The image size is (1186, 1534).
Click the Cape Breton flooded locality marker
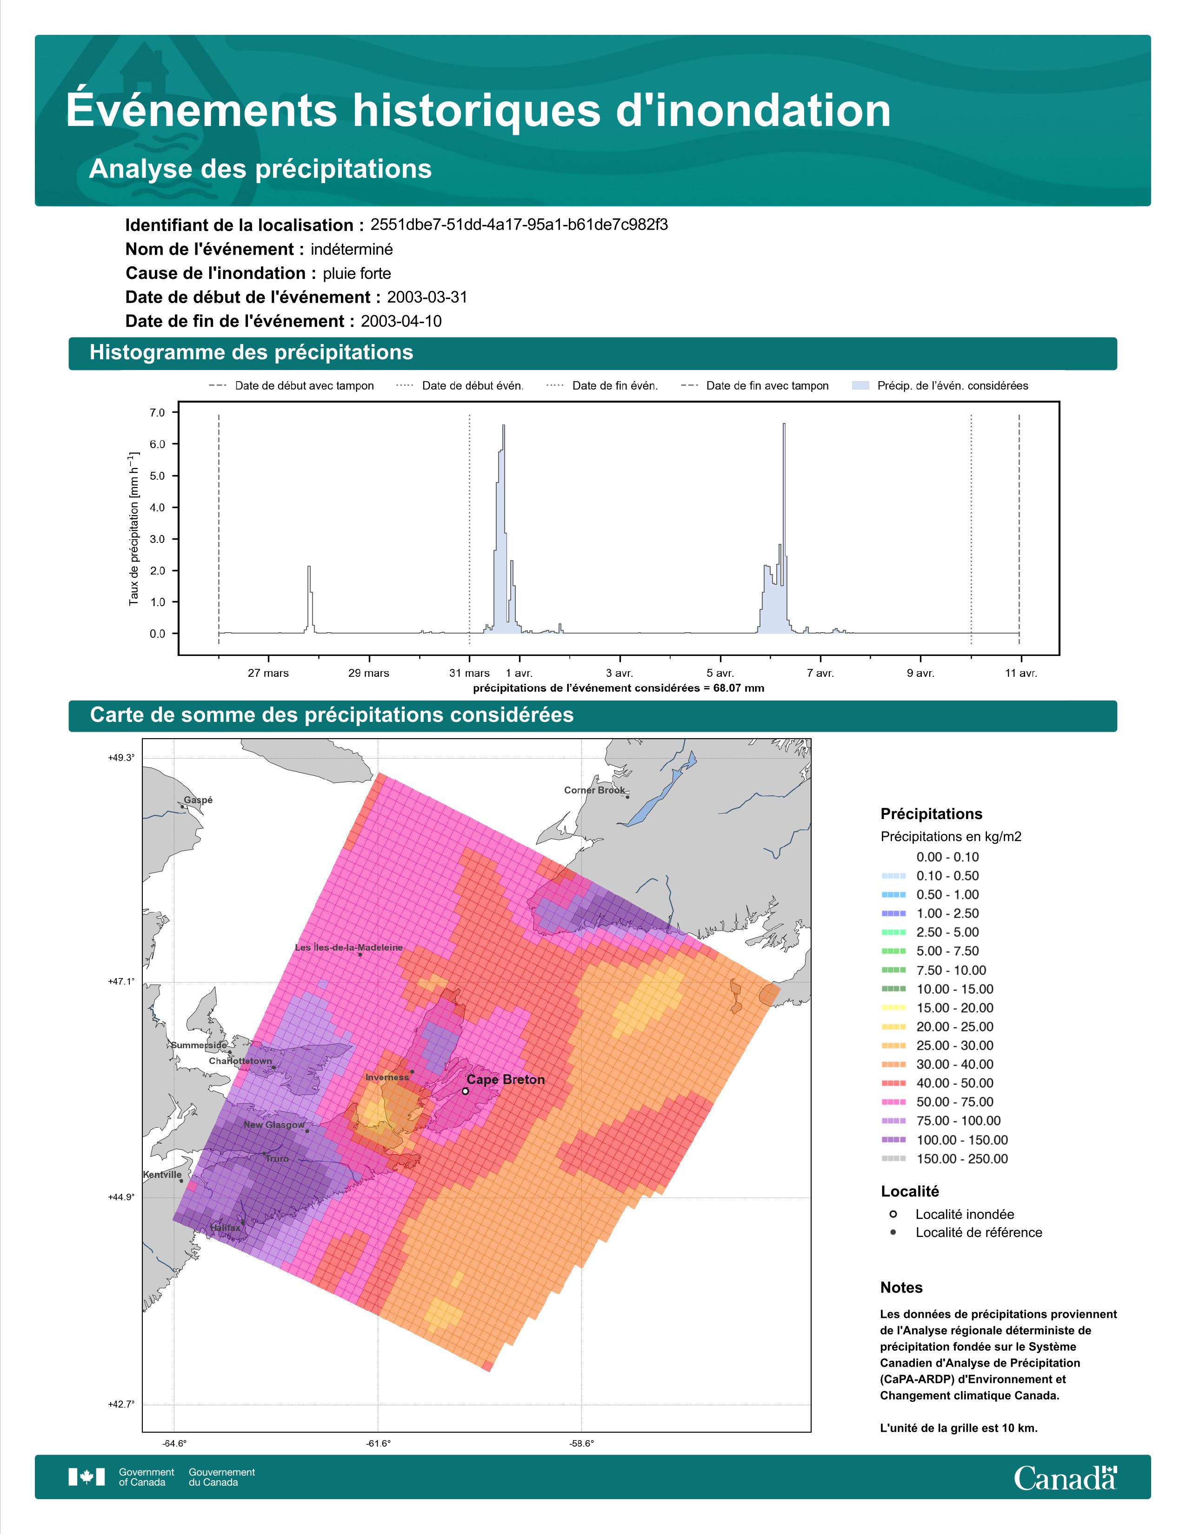(x=465, y=1091)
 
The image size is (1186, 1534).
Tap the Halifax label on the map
(x=225, y=1228)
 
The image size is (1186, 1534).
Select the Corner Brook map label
(x=594, y=790)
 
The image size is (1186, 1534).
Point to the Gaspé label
(x=198, y=800)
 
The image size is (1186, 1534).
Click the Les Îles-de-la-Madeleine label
(x=348, y=947)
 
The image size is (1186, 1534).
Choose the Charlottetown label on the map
(x=240, y=1061)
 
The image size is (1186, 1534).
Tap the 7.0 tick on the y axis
(x=157, y=413)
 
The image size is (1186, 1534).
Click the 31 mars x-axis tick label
(x=469, y=673)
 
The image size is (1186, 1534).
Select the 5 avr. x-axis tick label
(x=720, y=673)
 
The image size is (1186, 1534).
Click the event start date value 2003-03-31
(x=427, y=297)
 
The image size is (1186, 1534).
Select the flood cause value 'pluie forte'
(x=357, y=273)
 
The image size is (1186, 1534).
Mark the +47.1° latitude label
(x=121, y=981)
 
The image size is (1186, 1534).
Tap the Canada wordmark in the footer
(x=1065, y=1478)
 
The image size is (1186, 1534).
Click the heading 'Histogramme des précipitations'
(x=252, y=353)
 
